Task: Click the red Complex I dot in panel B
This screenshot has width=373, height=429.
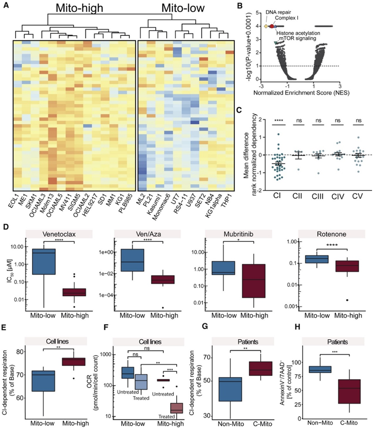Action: click(272, 27)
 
